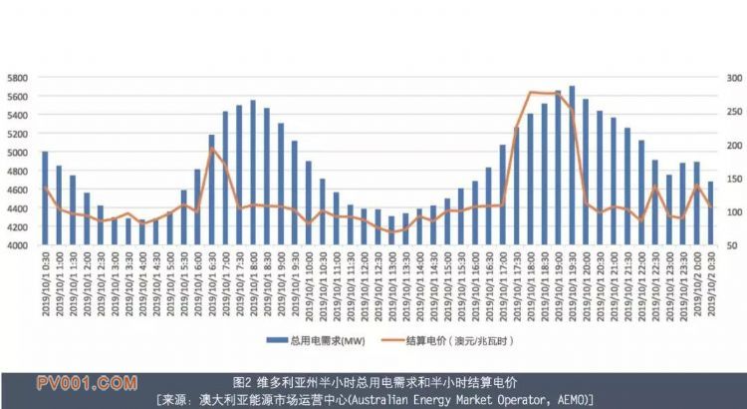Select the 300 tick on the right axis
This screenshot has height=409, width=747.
(729, 78)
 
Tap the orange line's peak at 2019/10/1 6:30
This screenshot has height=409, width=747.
(211, 149)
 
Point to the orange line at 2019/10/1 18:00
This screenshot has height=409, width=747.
(530, 93)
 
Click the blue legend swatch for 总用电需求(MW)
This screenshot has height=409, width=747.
(276, 340)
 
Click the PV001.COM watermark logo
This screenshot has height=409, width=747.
(87, 382)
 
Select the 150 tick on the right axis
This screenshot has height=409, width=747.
(729, 179)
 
